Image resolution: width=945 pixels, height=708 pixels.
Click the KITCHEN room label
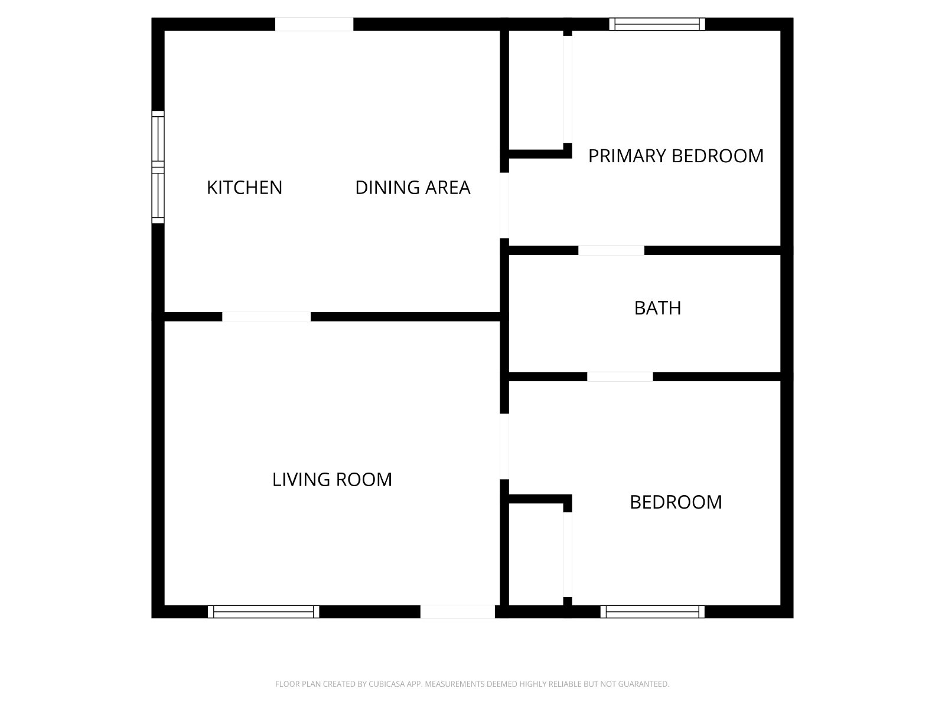coord(244,188)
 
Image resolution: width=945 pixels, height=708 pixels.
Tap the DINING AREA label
coord(412,188)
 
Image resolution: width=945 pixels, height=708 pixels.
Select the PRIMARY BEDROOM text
coord(676,156)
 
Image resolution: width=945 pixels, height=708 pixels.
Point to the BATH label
coord(657,308)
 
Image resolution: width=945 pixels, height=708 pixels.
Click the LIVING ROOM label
coord(332,479)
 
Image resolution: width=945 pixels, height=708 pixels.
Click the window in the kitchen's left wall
coord(158,167)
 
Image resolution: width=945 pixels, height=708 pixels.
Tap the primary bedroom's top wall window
coord(657,24)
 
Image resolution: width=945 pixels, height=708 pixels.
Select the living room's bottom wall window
coord(263,612)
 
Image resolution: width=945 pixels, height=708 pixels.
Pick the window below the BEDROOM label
coord(652,612)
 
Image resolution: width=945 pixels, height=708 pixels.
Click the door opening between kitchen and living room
coord(266,317)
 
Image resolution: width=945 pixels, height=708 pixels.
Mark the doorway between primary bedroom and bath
coord(611,251)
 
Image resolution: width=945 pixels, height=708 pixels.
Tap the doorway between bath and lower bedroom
coord(620,376)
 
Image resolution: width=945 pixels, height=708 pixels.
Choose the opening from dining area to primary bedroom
coord(504,205)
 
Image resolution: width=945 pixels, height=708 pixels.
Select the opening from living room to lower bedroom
coord(504,446)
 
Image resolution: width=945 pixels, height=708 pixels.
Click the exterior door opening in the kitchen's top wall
coord(314,24)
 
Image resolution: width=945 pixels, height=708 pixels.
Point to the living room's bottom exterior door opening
coord(458,612)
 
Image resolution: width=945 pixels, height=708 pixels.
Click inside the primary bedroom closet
coord(536,90)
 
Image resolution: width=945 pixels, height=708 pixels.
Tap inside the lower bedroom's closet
coord(536,555)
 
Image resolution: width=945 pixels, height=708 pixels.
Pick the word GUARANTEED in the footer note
coord(644,683)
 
